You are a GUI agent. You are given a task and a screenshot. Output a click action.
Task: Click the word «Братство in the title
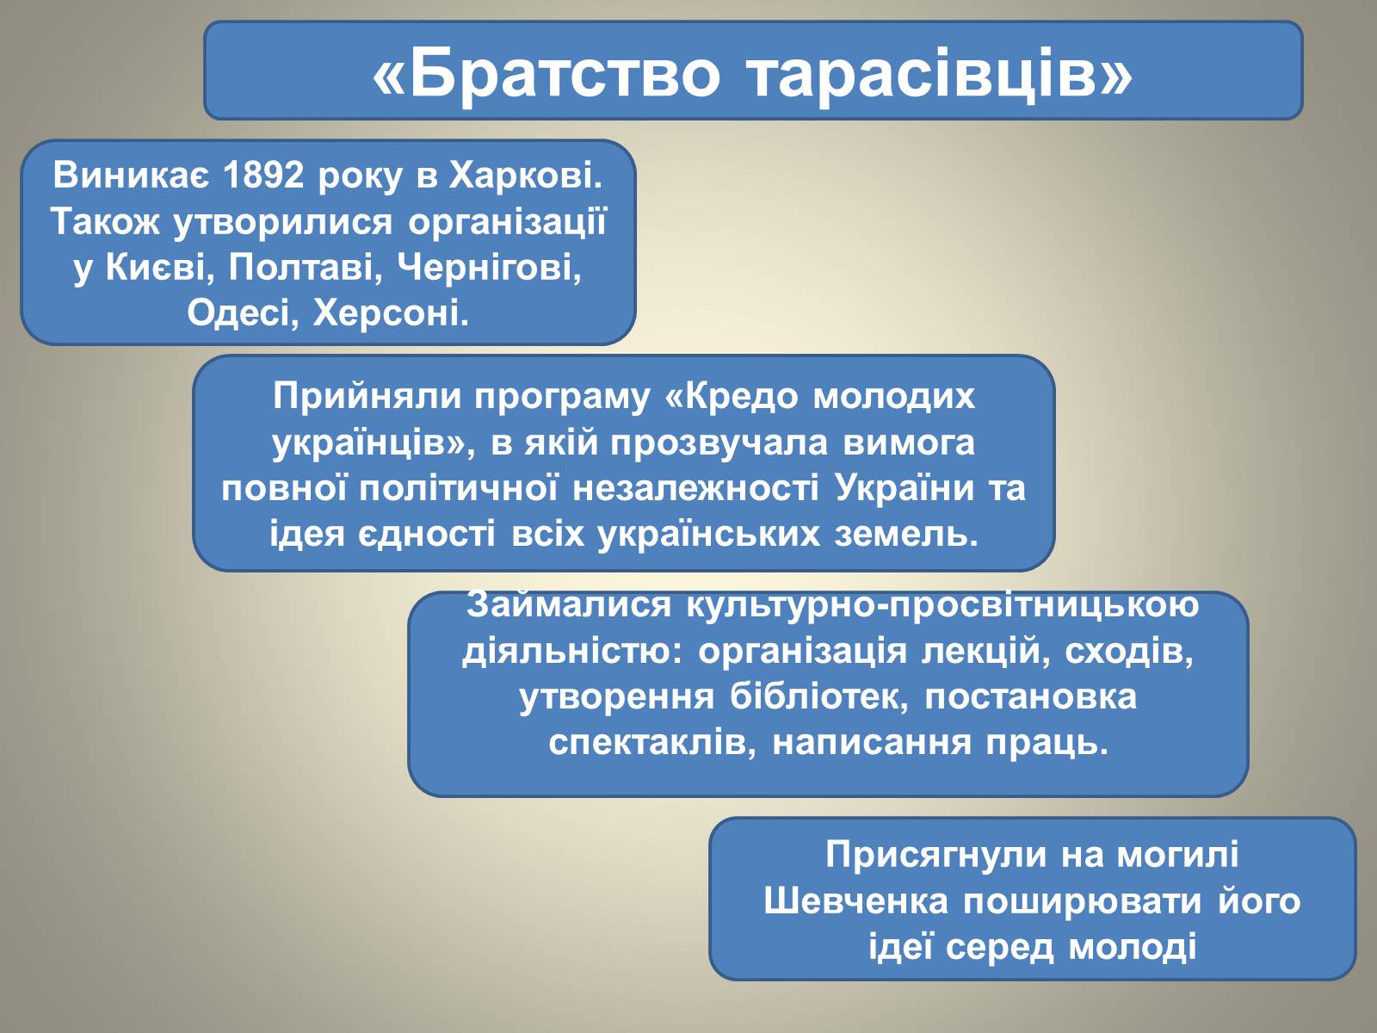546,74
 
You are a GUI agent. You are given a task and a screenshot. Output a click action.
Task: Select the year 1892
263,175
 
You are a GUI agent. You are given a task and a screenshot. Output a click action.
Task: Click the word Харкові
526,175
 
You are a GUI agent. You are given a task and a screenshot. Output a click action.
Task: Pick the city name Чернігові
490,269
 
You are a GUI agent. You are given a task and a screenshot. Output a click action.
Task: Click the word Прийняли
367,396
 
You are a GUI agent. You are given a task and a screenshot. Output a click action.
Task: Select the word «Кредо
731,396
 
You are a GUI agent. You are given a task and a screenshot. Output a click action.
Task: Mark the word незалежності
695,490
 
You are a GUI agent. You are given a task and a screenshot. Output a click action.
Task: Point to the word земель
906,535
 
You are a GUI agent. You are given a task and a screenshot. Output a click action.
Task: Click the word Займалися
568,605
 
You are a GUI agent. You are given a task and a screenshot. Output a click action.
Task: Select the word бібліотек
818,696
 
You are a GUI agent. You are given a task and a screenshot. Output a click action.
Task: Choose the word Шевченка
855,901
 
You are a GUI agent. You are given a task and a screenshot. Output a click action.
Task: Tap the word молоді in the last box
1133,947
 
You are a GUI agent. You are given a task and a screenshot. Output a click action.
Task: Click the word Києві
156,268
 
